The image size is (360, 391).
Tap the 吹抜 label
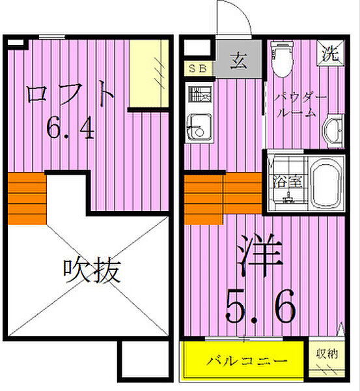pos(92,270)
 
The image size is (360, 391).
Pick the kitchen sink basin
pos(197,125)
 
